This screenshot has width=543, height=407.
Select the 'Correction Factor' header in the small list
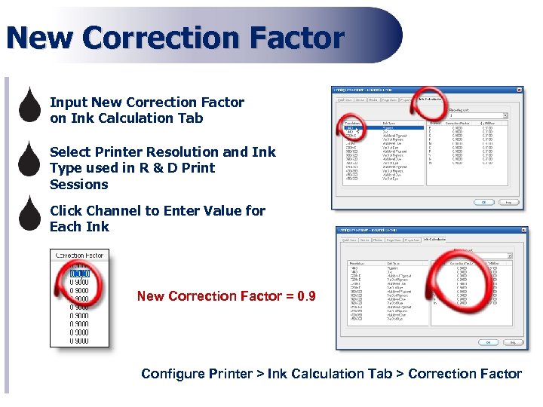[80, 256]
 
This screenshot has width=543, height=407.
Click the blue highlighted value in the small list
[80, 274]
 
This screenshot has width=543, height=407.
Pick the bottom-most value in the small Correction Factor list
[80, 341]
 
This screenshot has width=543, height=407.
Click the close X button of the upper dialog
[518, 90]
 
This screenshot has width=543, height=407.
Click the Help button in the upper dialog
[509, 202]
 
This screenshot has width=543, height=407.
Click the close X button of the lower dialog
[522, 231]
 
